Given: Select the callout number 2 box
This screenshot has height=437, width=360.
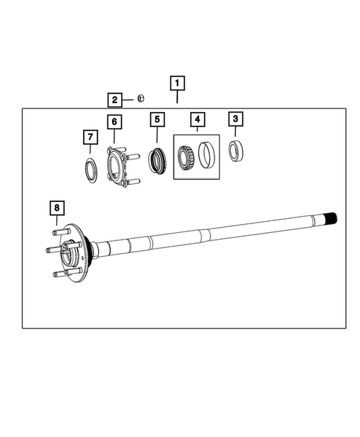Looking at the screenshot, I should (115, 99).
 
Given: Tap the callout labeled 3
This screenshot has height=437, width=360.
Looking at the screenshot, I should (235, 119).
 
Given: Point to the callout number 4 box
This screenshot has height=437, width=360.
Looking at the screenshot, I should (197, 119).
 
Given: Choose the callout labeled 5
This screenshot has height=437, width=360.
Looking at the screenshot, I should (157, 119).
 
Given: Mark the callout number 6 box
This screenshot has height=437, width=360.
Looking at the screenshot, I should (114, 121).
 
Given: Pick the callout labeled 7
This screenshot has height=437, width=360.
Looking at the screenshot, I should (88, 137).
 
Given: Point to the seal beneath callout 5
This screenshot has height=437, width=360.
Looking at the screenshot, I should (157, 161).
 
